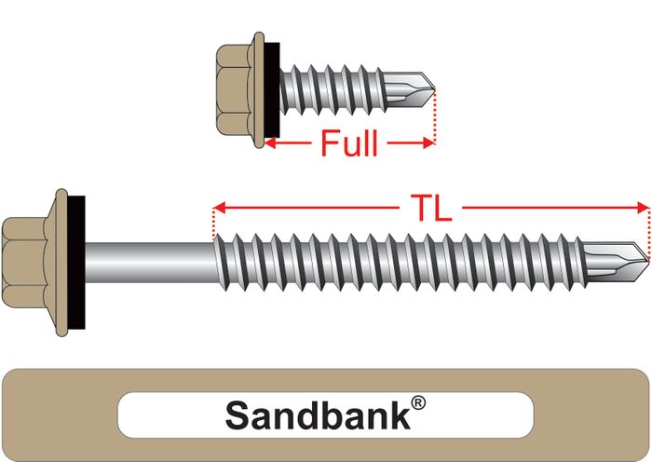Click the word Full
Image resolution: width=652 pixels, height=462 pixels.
pyautogui.click(x=349, y=144)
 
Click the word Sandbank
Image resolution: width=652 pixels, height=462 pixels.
pyautogui.click(x=318, y=415)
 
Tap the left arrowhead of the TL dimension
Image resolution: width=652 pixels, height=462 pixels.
pyautogui.click(x=220, y=207)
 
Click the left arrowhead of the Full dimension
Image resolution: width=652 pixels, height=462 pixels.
pyautogui.click(x=270, y=143)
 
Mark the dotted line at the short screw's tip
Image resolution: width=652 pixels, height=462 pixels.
pyautogui.click(x=435, y=116)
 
